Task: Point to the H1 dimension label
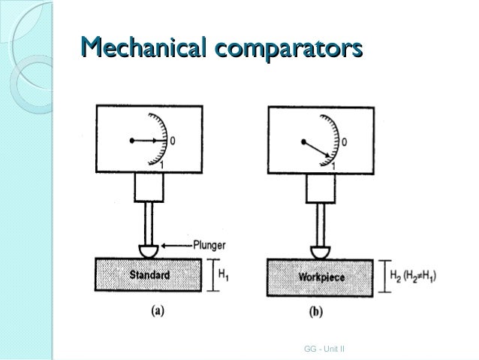[x=224, y=276]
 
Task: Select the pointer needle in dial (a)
[x=147, y=140]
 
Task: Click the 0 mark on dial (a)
[x=173, y=141]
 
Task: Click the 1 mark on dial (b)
[x=333, y=165]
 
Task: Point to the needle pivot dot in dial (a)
[x=131, y=140]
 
